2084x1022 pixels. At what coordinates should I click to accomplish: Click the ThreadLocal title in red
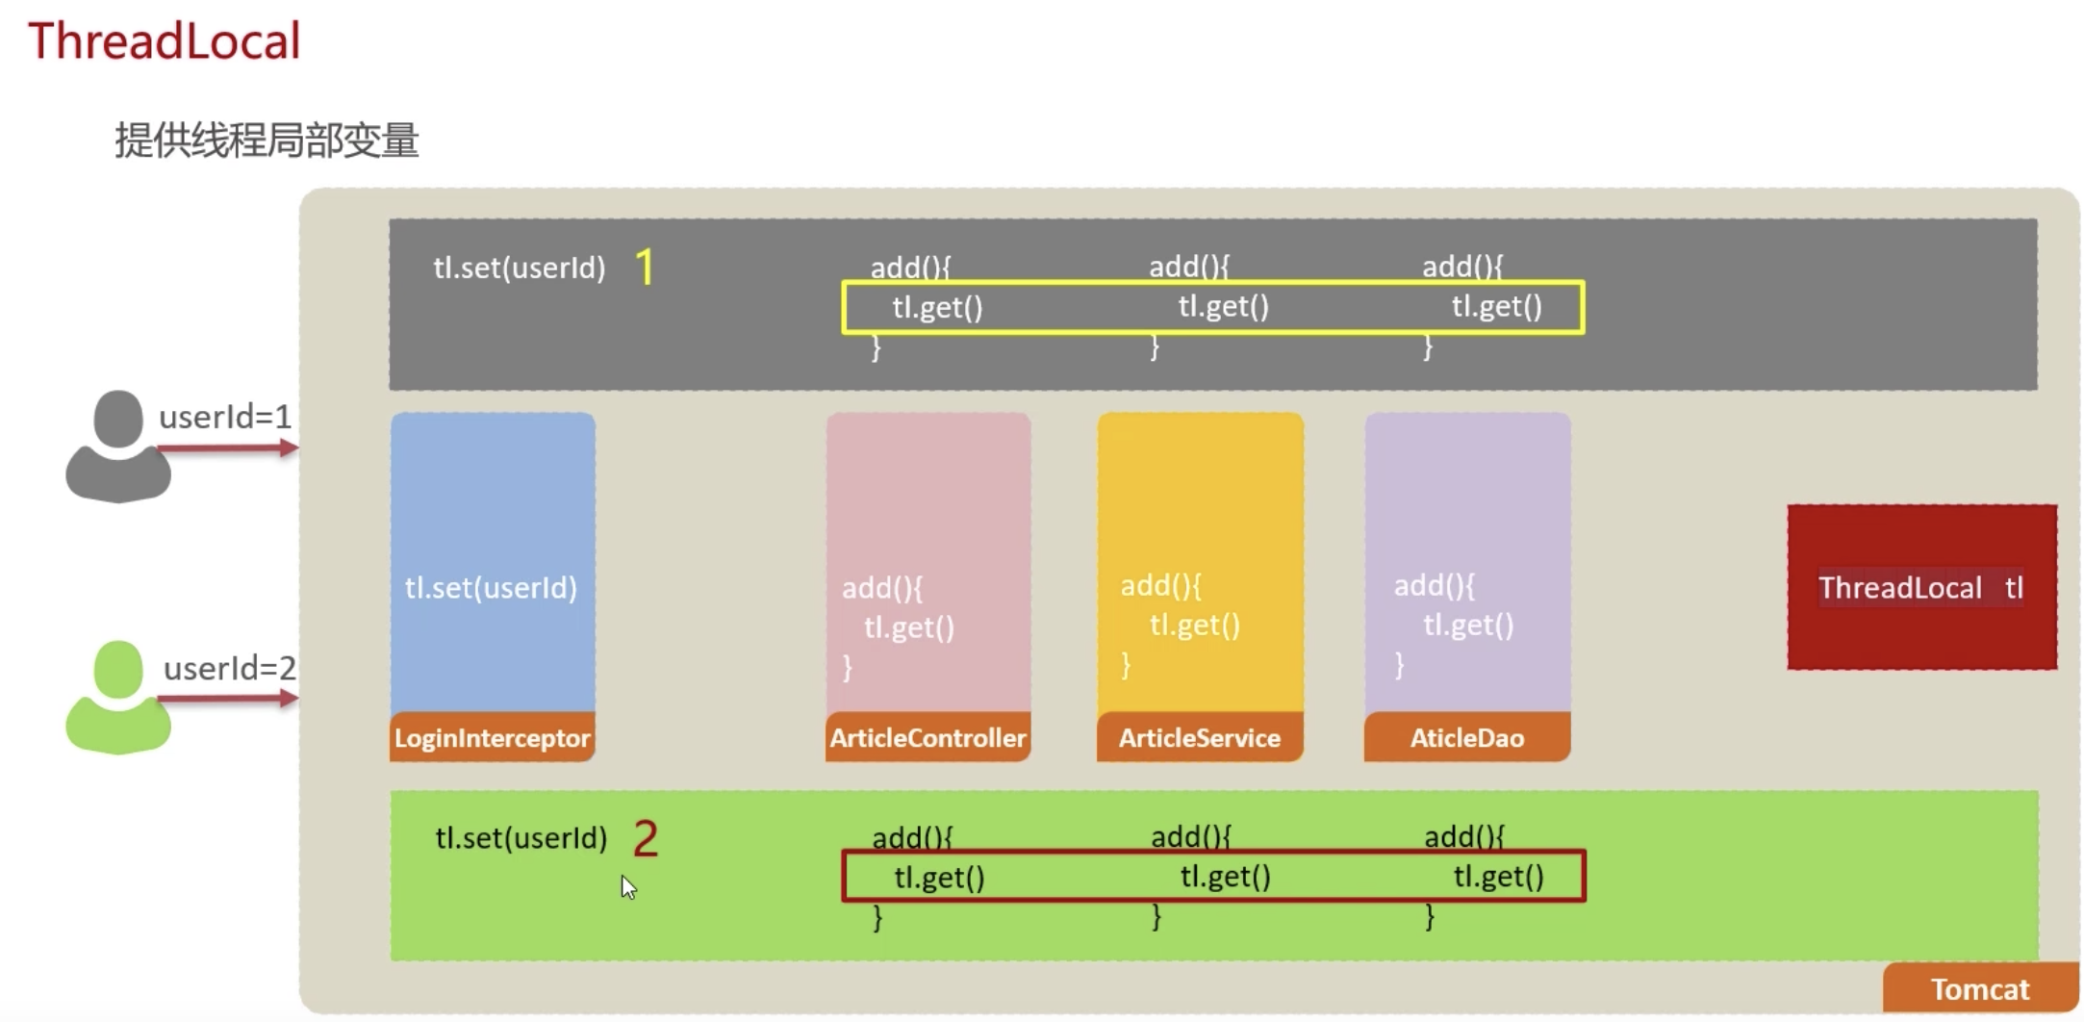[x=164, y=41]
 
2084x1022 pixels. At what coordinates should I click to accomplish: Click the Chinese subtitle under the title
[x=267, y=141]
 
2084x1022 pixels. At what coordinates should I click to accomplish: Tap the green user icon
[x=118, y=697]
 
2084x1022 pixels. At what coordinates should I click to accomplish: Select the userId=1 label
[x=225, y=417]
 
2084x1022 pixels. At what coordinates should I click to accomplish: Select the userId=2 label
[x=230, y=668]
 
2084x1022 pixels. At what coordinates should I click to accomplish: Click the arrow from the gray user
[x=228, y=447]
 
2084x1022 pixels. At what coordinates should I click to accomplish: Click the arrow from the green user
[x=228, y=699]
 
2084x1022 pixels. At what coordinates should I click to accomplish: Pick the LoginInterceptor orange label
[x=492, y=738]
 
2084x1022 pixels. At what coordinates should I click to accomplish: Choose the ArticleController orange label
[x=928, y=738]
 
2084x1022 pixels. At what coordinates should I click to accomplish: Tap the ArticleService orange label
[x=1199, y=738]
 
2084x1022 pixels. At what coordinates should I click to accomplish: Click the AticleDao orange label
[x=1466, y=738]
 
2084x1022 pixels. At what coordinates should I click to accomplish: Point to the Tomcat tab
[x=1980, y=989]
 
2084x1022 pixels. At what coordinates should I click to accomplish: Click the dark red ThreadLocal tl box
[x=1921, y=587]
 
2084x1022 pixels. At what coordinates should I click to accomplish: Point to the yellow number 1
[x=645, y=267]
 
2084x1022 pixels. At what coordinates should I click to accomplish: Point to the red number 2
[x=645, y=838]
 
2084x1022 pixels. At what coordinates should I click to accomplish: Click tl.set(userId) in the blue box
[x=491, y=587]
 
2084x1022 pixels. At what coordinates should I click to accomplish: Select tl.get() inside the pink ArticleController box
[x=909, y=627]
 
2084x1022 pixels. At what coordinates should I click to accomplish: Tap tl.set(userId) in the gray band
[x=520, y=268]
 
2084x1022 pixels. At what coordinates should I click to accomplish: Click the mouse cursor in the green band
[x=628, y=887]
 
